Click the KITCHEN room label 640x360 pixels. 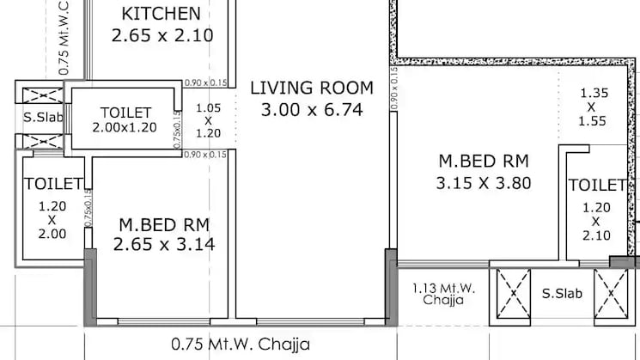162,14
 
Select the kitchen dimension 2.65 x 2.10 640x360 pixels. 162,35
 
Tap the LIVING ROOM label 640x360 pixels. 312,88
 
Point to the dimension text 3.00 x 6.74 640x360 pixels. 312,109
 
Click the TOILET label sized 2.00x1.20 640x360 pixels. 125,113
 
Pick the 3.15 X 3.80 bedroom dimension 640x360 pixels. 485,182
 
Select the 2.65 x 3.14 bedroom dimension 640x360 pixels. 163,245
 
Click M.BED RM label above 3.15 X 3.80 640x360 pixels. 483,161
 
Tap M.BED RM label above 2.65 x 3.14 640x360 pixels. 163,224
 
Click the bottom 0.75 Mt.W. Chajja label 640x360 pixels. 240,345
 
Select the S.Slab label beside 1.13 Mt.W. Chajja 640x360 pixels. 561,294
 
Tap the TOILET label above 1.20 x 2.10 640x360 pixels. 596,186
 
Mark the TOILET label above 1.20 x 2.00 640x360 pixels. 53,184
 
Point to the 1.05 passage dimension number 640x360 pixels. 209,108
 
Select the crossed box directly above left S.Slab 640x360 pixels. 41,95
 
